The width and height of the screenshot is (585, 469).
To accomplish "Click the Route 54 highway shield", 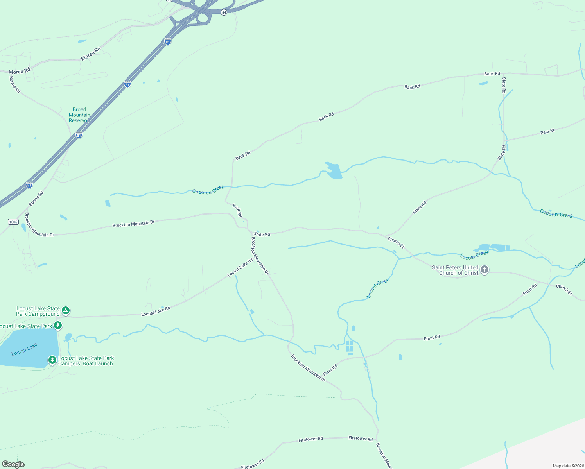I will point(224,13).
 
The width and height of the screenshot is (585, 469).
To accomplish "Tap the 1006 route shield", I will point(13,222).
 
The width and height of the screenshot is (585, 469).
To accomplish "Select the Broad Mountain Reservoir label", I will point(79,115).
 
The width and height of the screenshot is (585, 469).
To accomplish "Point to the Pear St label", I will point(547,132).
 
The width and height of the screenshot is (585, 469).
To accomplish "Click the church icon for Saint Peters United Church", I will point(485,270).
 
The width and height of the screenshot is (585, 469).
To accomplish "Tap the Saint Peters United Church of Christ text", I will point(455,270).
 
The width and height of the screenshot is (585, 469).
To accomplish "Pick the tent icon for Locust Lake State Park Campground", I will point(66,311).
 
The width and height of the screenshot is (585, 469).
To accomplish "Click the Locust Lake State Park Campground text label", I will point(38,311).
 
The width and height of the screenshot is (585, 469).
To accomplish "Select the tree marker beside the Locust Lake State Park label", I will point(58,325).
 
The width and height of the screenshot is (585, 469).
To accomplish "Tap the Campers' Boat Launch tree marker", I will point(52,360).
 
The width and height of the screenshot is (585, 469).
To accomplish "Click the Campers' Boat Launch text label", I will point(86,361).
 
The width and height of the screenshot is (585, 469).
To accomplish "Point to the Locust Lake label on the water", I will point(24,349).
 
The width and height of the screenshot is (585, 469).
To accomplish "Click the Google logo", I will point(13,464).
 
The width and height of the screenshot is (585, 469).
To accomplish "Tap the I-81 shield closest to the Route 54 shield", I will point(167,42).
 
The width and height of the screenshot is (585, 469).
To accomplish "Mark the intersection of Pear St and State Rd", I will point(506,140).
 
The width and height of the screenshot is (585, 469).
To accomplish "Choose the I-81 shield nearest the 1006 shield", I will point(29,185).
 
